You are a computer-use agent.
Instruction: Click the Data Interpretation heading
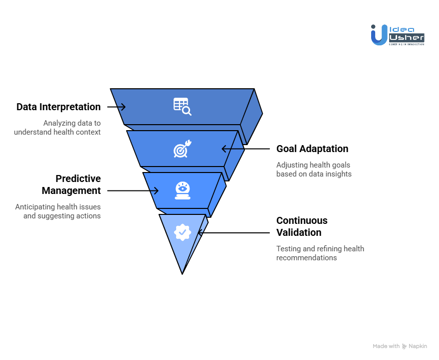click(x=58, y=107)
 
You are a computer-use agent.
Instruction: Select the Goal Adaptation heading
click(x=312, y=149)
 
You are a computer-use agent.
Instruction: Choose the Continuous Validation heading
click(x=302, y=226)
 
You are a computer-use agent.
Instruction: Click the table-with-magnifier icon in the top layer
click(x=182, y=106)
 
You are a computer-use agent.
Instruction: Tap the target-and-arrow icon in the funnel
click(x=182, y=149)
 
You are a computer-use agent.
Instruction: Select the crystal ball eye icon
click(x=182, y=190)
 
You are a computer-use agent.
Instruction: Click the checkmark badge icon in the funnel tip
click(x=182, y=232)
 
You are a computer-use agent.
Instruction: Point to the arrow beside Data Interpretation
click(x=116, y=107)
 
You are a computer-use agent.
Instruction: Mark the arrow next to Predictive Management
click(x=133, y=190)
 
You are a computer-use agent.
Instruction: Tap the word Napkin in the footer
click(x=418, y=346)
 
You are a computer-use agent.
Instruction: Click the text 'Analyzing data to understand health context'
click(x=57, y=128)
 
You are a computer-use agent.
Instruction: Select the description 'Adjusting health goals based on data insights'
click(x=314, y=170)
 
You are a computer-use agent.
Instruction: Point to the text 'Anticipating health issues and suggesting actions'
click(x=58, y=211)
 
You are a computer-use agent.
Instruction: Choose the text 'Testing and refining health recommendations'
click(x=320, y=253)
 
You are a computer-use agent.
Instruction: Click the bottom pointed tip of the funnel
click(x=183, y=272)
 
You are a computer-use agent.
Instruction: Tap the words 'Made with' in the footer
click(x=386, y=346)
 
